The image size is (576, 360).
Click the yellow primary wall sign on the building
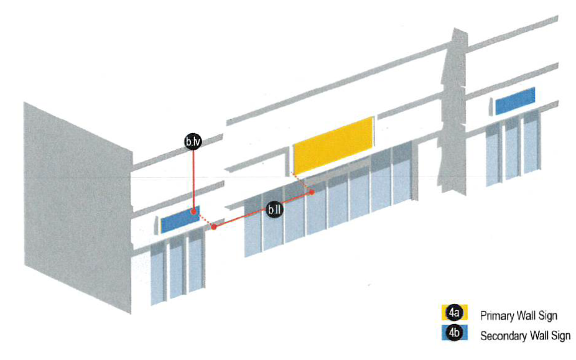point(333,145)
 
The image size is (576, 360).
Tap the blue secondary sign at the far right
point(515,101)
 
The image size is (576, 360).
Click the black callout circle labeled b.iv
point(193,142)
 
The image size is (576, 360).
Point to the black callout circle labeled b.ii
point(274,210)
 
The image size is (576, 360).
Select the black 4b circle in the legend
point(454,333)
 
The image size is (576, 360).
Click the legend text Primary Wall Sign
point(513,316)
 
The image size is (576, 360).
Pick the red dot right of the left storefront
point(214,227)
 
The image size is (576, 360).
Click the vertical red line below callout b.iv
point(193,180)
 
